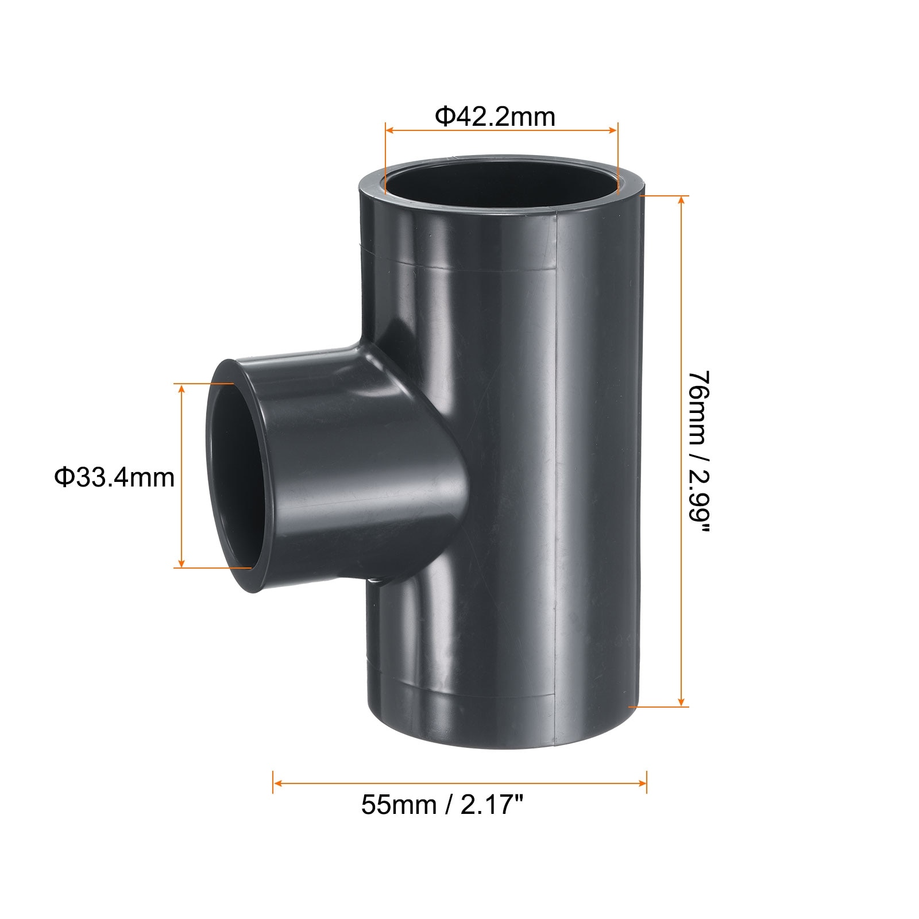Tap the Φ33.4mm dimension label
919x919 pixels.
[114, 477]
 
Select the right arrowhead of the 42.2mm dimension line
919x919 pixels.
[612, 130]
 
